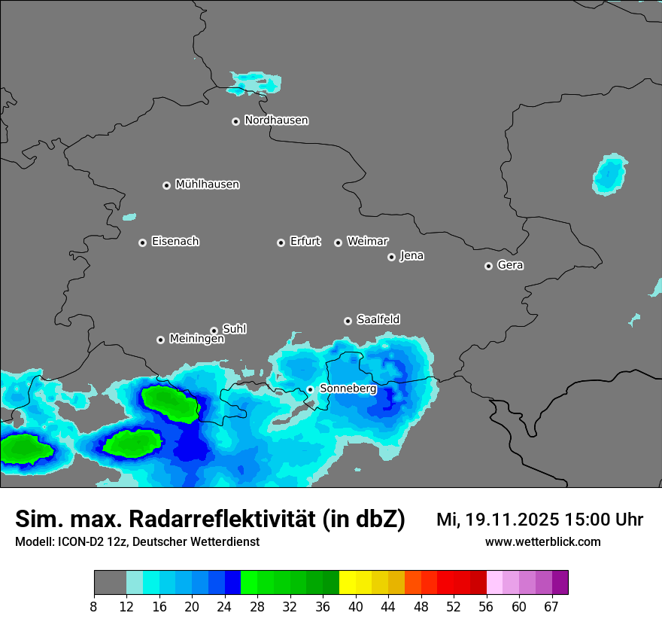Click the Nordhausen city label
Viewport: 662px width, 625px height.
(x=276, y=120)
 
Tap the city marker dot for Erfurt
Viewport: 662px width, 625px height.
(x=281, y=242)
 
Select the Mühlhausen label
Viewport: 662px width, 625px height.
(x=207, y=184)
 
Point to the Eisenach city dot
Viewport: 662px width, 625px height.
(x=142, y=242)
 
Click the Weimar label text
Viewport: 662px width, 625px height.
(x=367, y=242)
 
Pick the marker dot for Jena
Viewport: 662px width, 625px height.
(x=391, y=257)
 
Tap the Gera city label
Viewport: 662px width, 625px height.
(x=510, y=265)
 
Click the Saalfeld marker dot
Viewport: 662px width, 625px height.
(x=348, y=321)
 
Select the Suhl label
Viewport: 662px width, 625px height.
(x=234, y=329)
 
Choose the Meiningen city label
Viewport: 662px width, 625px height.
(x=196, y=340)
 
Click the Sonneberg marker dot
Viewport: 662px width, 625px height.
(x=310, y=389)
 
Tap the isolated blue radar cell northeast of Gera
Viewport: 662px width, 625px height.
(x=609, y=175)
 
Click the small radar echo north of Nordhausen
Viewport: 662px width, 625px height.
(x=254, y=82)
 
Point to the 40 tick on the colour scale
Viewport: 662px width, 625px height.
(x=355, y=607)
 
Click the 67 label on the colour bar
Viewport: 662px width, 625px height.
(x=551, y=607)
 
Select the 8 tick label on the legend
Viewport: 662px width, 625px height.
(x=94, y=607)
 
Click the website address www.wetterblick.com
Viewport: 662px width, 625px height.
(x=542, y=541)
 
